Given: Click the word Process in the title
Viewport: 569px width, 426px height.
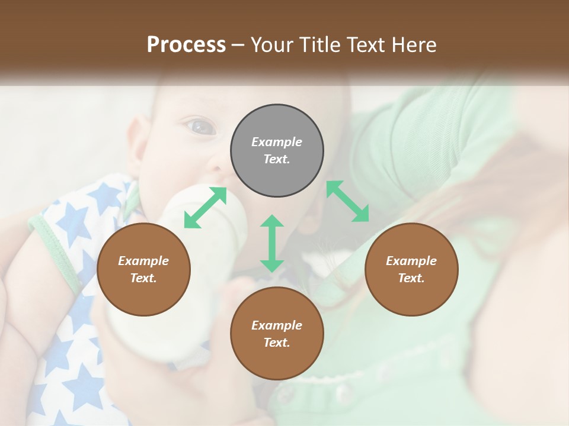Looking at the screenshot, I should tap(186, 45).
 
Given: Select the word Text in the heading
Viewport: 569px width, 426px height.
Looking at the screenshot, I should tap(367, 45).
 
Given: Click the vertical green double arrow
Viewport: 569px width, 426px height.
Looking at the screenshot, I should tap(272, 243).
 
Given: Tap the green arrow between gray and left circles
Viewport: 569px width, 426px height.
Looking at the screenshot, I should tap(205, 208).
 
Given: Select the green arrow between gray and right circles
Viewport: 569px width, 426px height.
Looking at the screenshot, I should tap(347, 201).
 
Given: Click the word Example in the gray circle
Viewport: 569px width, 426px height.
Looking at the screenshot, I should tap(277, 142).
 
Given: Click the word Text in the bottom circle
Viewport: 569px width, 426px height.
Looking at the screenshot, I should tap(277, 343).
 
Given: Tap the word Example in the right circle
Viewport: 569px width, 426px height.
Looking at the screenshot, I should tap(411, 261).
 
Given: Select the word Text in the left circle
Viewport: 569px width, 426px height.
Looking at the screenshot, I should tap(143, 278).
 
